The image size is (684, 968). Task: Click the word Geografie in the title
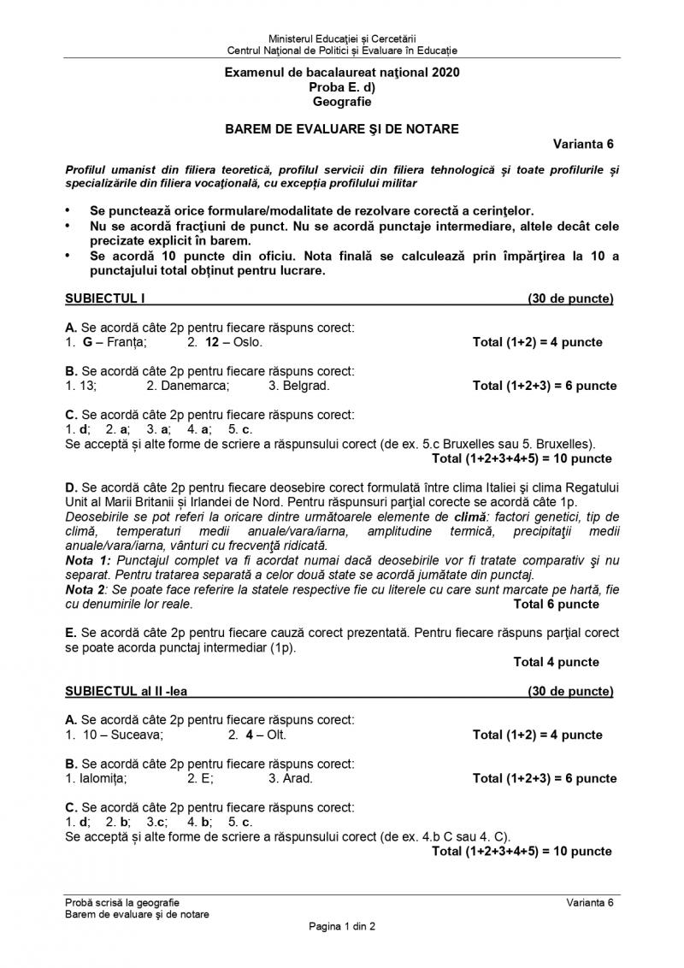(x=342, y=102)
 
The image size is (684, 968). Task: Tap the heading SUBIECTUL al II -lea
(x=126, y=691)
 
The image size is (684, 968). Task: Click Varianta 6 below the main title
(x=583, y=144)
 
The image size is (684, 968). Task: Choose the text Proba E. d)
(x=342, y=87)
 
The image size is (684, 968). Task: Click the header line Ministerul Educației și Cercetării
(x=342, y=39)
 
